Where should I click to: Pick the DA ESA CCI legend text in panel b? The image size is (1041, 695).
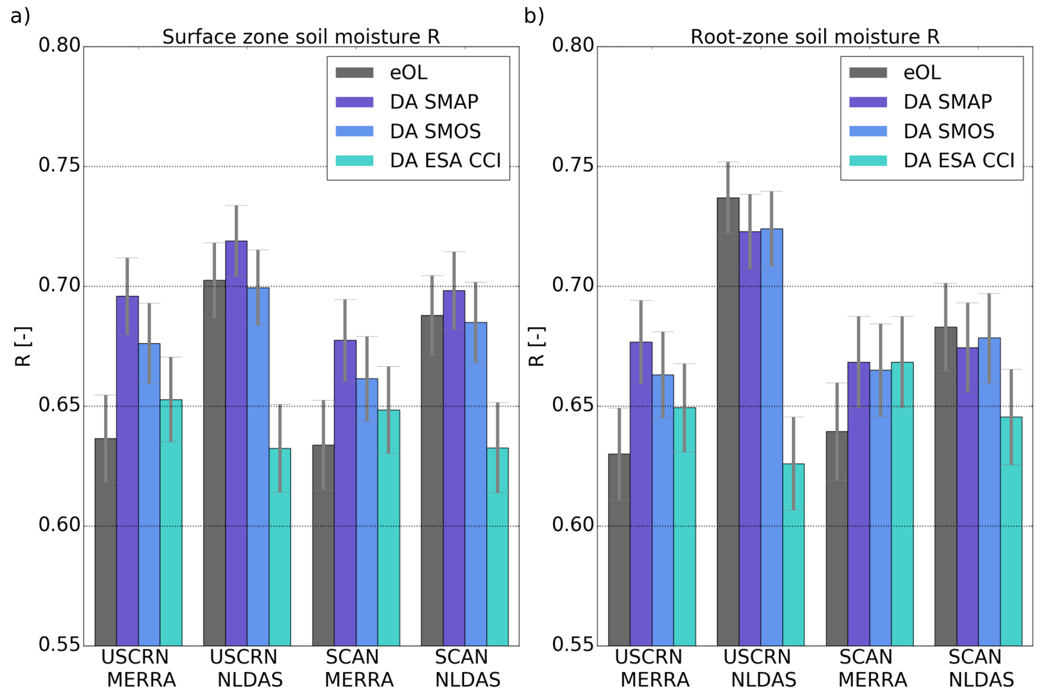point(959,161)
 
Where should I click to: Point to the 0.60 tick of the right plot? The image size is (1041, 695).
point(572,525)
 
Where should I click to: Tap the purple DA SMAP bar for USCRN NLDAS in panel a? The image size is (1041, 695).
point(236,443)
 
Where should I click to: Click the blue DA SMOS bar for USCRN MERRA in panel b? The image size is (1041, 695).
point(662,510)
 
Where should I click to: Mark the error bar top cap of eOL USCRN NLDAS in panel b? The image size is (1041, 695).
point(728,162)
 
